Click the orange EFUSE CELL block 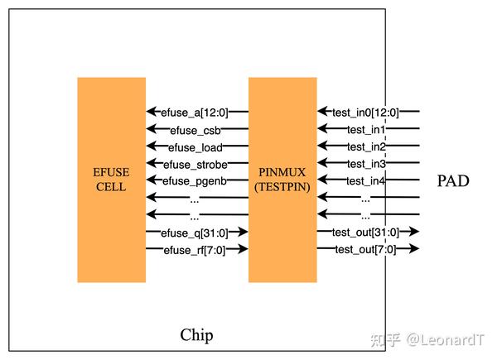[110, 180]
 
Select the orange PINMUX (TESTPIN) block [282, 180]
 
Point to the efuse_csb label [195, 130]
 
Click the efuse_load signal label [196, 147]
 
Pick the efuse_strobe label [195, 165]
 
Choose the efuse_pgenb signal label [195, 181]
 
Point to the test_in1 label [367, 130]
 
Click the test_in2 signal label [367, 147]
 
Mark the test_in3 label [367, 165]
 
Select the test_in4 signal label [367, 181]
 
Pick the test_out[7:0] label [364, 249]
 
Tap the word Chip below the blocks [196, 335]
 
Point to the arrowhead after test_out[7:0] [414, 249]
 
